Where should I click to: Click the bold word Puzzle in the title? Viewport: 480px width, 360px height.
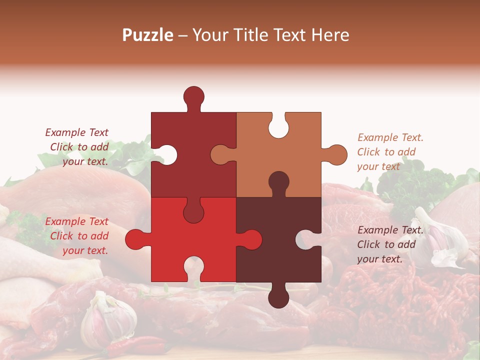tap(148, 35)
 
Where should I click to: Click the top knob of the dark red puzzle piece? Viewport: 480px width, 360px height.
tap(193, 96)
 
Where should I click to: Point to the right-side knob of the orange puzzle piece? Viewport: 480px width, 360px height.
tap(336, 154)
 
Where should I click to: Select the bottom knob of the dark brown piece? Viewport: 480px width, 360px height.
tap(278, 297)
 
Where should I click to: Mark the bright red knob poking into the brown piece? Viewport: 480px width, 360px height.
tap(251, 239)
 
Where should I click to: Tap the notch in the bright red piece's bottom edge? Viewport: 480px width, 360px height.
tap(193, 267)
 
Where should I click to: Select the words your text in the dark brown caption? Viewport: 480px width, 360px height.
tap(379, 259)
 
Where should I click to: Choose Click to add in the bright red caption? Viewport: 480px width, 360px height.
tap(79, 236)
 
